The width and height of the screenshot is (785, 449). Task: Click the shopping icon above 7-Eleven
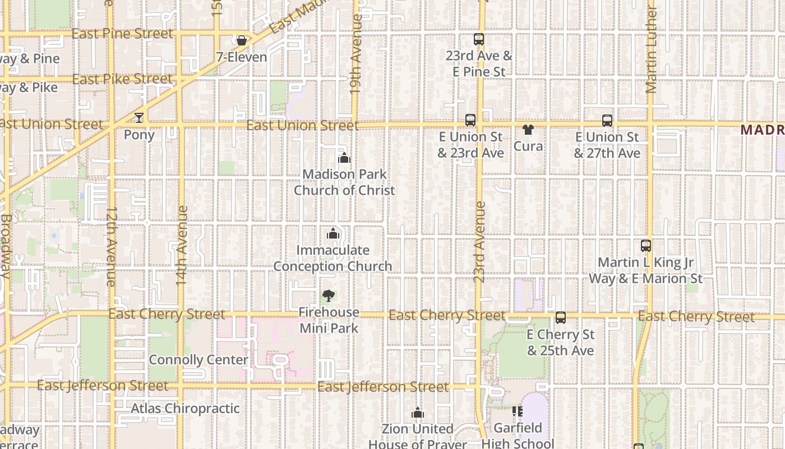coord(241,40)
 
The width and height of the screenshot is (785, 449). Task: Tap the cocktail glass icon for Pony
coord(139,118)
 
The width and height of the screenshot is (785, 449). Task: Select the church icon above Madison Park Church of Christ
coord(344,158)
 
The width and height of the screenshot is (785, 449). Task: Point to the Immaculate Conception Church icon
coord(333,233)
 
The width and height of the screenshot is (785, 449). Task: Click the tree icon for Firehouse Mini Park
coord(329,295)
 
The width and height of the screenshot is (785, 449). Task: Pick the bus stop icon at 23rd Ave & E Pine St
coord(478,39)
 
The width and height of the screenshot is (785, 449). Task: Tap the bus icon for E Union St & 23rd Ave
coord(470,120)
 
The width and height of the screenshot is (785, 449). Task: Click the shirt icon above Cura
coord(528,130)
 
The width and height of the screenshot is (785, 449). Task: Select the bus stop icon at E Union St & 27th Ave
coord(607,121)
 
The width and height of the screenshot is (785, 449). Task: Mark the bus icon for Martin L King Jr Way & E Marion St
coord(645,246)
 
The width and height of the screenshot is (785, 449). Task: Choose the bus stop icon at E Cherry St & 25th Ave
coord(560,318)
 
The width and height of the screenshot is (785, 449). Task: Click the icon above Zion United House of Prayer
coord(417,413)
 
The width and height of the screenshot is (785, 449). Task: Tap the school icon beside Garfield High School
coord(517,412)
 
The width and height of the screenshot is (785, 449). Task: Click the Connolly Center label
coord(198,360)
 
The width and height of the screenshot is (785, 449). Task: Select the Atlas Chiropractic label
coord(185,408)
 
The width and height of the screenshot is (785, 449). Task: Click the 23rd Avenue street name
coord(479,241)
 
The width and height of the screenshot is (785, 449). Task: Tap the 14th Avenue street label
coord(182,245)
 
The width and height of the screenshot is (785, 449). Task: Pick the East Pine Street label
coord(122,34)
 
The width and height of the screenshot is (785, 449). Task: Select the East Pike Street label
coord(122,79)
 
